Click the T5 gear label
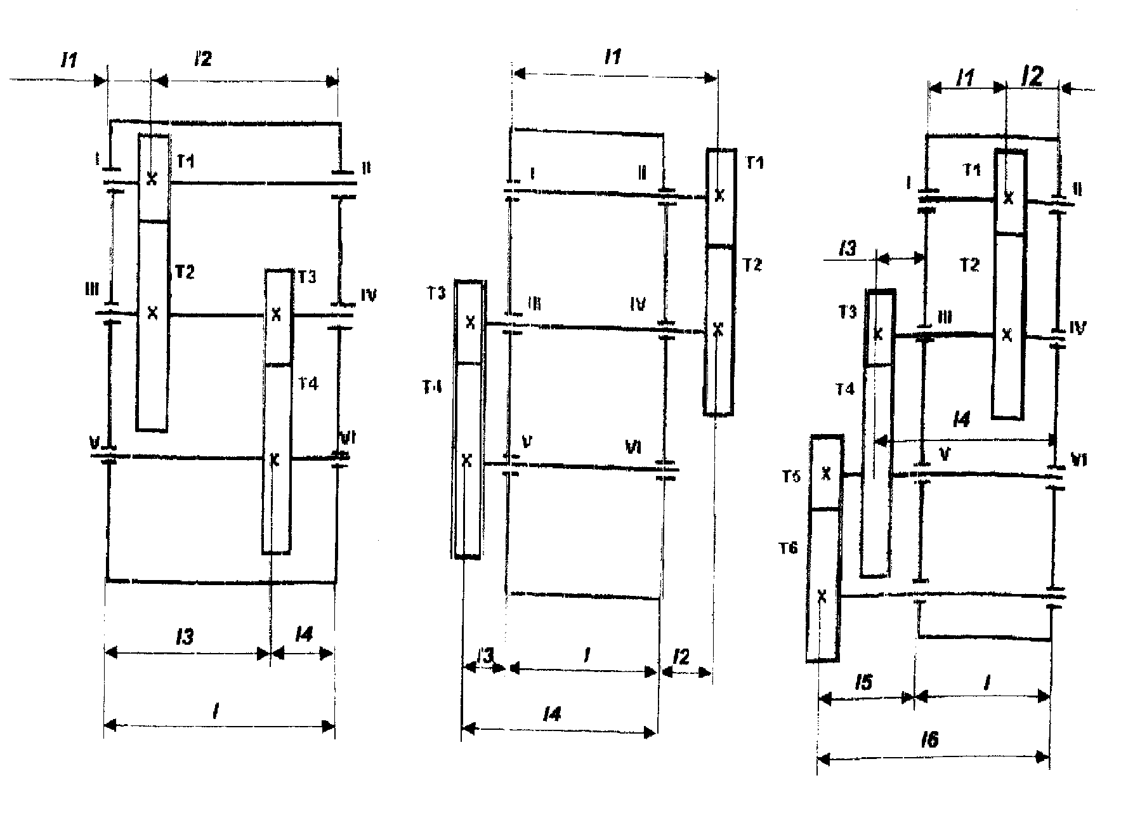click(790, 477)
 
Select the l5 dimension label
click(863, 683)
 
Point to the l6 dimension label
click(929, 739)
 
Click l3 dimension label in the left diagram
click(185, 637)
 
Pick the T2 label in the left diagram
click(184, 272)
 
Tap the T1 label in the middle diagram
click(754, 163)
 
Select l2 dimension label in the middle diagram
click(680, 657)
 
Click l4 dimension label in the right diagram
click(962, 419)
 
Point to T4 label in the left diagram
click(308, 383)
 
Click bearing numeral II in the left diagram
click(366, 168)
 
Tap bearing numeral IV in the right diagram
click(1077, 328)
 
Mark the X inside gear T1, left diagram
click(152, 179)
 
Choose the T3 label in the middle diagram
click(436, 293)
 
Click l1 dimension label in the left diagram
click(69, 61)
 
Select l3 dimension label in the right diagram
click(847, 248)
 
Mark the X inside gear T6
click(822, 596)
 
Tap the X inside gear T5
click(825, 473)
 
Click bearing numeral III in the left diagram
click(92, 290)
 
